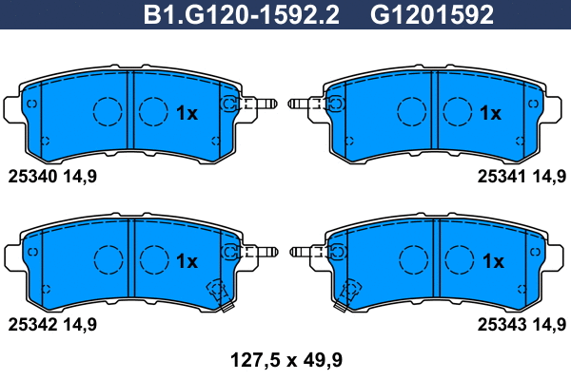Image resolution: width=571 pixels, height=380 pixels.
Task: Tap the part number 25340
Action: click(x=34, y=175)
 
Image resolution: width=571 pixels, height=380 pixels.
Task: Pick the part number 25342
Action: click(x=34, y=324)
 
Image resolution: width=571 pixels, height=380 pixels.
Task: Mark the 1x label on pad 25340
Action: click(x=187, y=113)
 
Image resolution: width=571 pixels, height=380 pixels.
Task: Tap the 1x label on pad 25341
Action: click(x=491, y=113)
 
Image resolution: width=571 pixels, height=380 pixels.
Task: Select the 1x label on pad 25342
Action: click(x=187, y=260)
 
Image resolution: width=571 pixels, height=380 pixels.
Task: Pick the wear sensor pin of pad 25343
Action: click(x=306, y=252)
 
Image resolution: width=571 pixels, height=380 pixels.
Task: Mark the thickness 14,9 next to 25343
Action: click(x=551, y=324)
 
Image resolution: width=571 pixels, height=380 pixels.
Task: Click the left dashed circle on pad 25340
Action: click(x=108, y=111)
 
